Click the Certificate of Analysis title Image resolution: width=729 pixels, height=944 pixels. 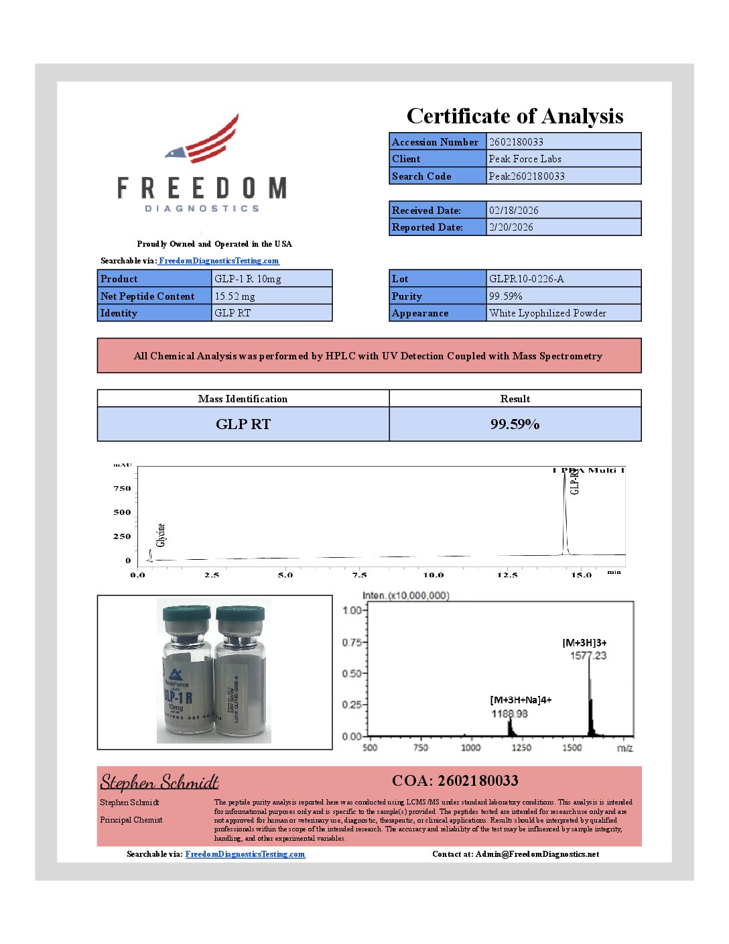pyautogui.click(x=515, y=116)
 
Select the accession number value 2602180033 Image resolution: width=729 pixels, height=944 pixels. pyautogui.click(x=516, y=141)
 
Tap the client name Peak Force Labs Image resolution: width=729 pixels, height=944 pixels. pyautogui.click(x=525, y=159)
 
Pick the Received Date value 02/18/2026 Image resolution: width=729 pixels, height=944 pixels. pyautogui.click(x=513, y=210)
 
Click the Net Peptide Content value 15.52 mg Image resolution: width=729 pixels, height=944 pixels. pyautogui.click(x=235, y=296)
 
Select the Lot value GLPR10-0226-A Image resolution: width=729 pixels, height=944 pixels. pyautogui.click(x=526, y=278)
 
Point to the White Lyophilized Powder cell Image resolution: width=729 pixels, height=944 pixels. pyautogui.click(x=547, y=312)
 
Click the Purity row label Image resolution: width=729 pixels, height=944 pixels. pyautogui.click(x=407, y=296)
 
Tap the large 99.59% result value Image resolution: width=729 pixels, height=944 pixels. pyautogui.click(x=515, y=424)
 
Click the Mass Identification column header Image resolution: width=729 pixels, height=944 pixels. pyautogui.click(x=243, y=398)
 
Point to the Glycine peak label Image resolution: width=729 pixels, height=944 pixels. pyautogui.click(x=161, y=534)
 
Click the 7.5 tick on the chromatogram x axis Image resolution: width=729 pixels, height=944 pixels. pyautogui.click(x=359, y=575)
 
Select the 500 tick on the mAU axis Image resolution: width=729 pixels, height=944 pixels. pyautogui.click(x=122, y=512)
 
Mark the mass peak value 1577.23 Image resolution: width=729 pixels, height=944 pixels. pyautogui.click(x=588, y=656)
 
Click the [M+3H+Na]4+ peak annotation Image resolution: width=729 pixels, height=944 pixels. pyautogui.click(x=521, y=700)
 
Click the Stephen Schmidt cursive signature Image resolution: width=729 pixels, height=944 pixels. pyautogui.click(x=159, y=782)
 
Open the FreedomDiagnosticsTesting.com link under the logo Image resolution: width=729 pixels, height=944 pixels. pyautogui.click(x=218, y=261)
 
